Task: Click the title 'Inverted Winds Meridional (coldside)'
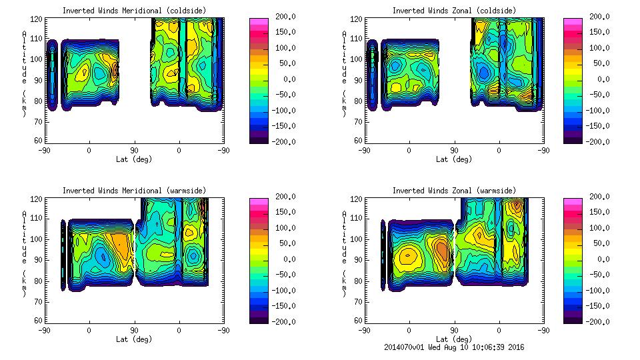(x=134, y=11)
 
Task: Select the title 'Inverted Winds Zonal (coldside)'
(x=454, y=11)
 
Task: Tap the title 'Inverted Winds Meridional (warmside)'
(x=134, y=191)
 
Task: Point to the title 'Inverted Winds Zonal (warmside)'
(x=454, y=191)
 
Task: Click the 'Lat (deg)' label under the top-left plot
(x=134, y=159)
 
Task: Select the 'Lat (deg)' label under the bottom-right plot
(x=454, y=339)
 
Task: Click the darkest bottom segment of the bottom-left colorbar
(x=259, y=319)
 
